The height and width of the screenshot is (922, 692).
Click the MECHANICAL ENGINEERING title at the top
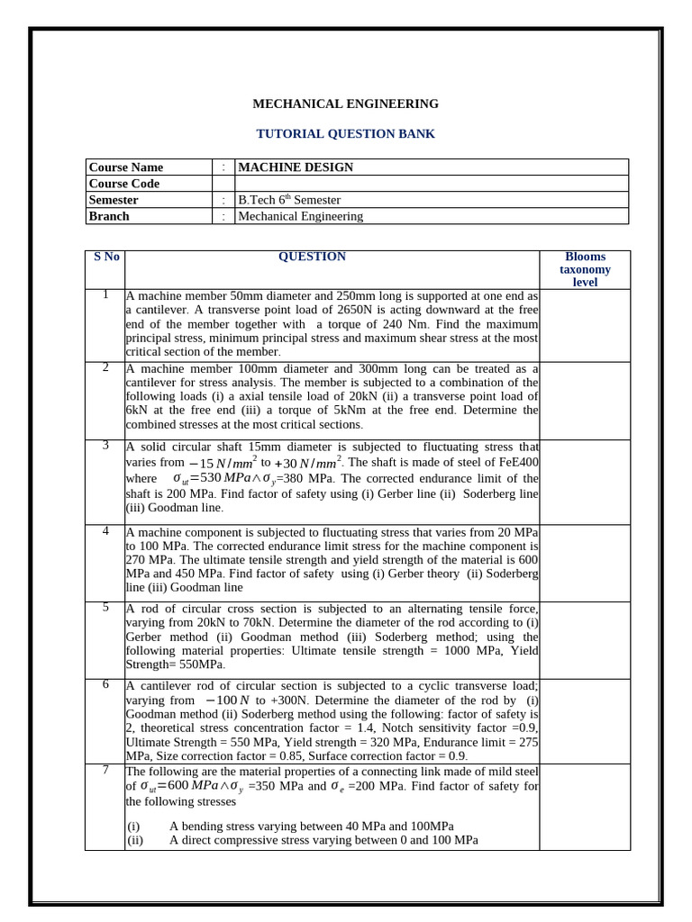click(345, 104)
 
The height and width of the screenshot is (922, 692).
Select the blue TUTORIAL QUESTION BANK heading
click(345, 133)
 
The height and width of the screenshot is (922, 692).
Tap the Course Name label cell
click(126, 167)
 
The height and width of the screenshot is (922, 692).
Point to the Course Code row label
click(124, 184)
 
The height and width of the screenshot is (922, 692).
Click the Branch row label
click(109, 216)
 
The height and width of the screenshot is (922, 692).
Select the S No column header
click(106, 257)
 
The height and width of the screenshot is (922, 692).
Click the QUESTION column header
click(312, 257)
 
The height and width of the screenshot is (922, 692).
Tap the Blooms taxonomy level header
click(585, 269)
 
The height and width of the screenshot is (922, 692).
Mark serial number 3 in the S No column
click(105, 445)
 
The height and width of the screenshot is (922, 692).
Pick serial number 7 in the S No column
click(105, 769)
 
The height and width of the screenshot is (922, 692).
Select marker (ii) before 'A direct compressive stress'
click(135, 840)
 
